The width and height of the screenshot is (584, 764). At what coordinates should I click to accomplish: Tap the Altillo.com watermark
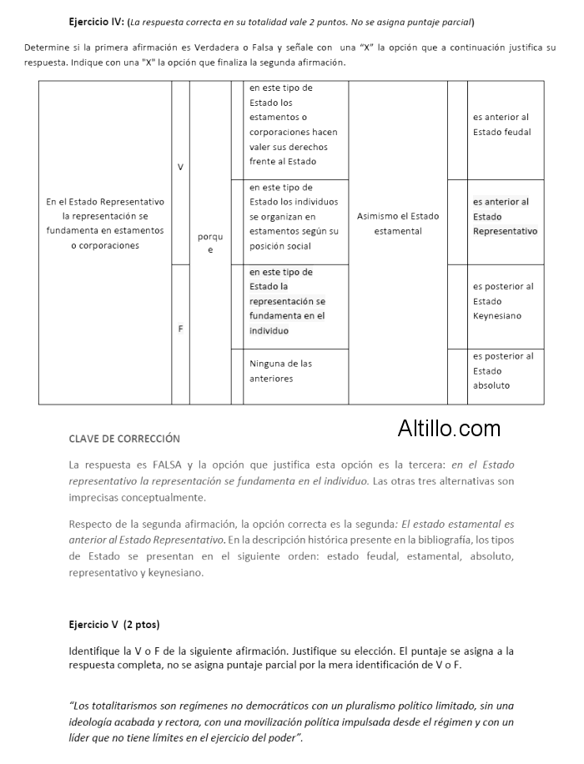[x=449, y=429]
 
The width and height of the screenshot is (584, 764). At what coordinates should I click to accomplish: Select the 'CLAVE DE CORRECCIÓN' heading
[x=124, y=439]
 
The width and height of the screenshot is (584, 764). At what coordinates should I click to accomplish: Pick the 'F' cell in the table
[x=180, y=329]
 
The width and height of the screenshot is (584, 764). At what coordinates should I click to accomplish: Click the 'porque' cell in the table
[x=210, y=243]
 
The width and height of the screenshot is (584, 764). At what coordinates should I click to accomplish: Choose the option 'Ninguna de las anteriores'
[x=280, y=371]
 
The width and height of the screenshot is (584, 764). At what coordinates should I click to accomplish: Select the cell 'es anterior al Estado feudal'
[x=501, y=125]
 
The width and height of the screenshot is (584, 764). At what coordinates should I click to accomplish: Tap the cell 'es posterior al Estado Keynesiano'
[x=502, y=301]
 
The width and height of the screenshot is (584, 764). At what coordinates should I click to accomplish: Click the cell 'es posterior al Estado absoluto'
[x=502, y=371]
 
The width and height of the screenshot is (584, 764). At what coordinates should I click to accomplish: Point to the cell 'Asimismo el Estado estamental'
[x=398, y=224]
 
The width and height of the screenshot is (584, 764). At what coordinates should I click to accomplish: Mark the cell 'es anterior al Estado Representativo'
[x=505, y=217]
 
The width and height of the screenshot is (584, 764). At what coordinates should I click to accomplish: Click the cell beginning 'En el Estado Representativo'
[x=105, y=224]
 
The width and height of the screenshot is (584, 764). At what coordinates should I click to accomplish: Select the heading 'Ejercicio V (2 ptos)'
[x=114, y=624]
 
